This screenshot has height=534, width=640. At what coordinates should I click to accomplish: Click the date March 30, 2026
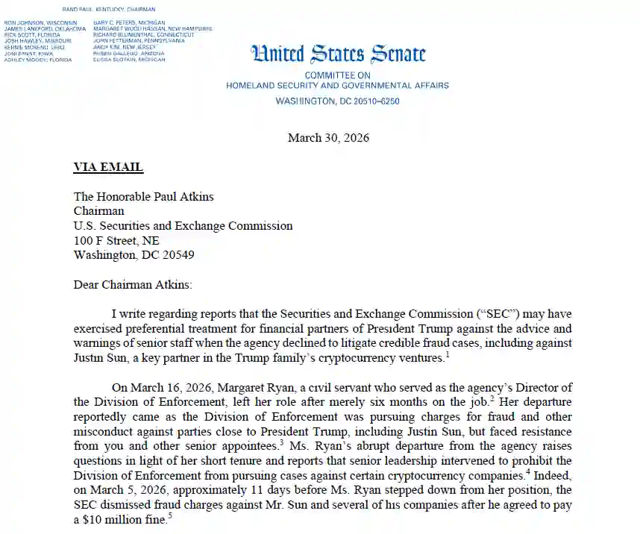328,138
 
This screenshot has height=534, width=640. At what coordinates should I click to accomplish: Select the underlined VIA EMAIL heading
108,167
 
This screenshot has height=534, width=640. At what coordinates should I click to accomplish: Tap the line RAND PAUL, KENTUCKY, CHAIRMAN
108,9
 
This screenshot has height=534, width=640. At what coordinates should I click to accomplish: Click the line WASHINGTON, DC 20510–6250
337,100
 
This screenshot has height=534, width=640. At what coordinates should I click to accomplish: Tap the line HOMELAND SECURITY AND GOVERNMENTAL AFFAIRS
337,86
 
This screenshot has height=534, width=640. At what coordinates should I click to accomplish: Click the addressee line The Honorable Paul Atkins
143,197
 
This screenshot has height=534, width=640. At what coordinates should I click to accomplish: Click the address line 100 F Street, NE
116,240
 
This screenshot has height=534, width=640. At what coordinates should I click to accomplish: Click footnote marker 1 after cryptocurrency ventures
448,354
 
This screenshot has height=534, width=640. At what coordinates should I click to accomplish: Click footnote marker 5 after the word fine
170,516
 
